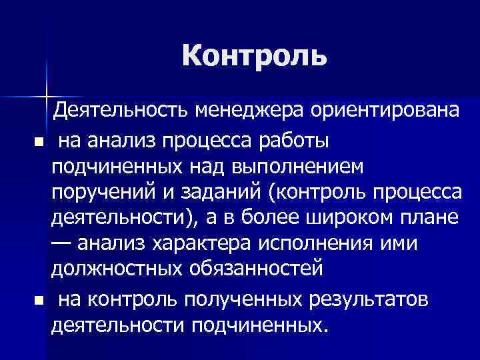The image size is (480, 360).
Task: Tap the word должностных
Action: coord(113,269)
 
